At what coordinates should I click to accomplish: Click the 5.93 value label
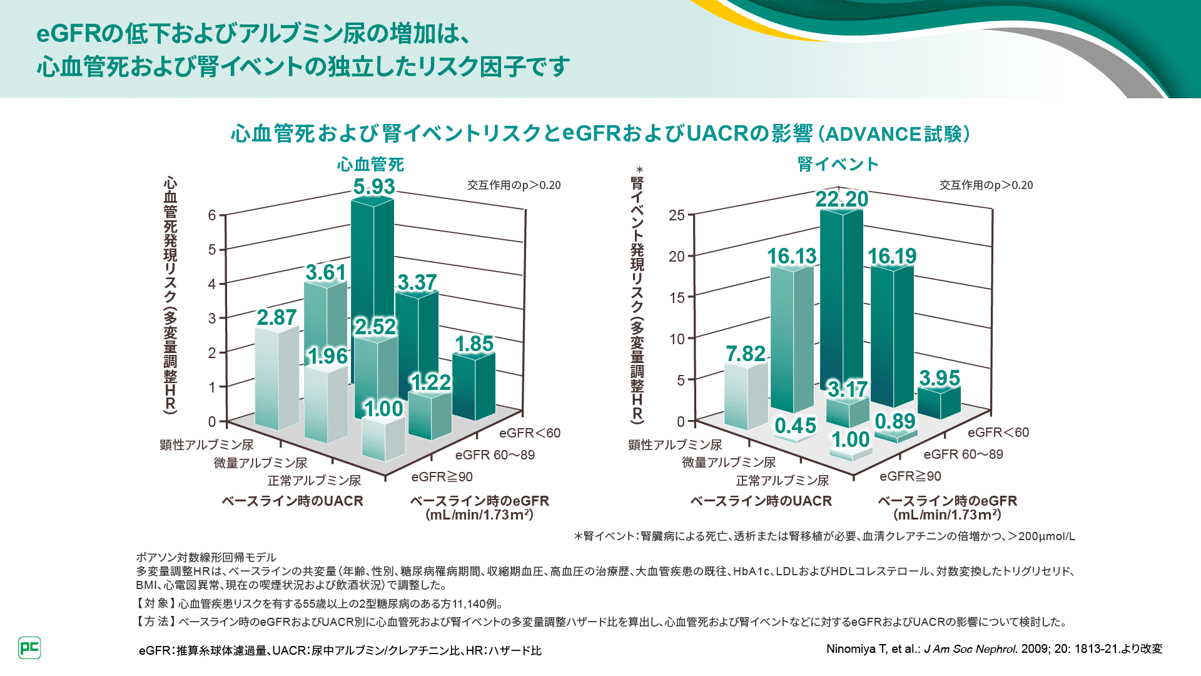point(374,187)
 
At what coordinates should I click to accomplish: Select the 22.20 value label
point(841,199)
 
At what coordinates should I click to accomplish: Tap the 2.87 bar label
point(276,317)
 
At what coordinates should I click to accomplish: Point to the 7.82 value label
point(745,354)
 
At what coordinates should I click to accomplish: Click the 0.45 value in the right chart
point(795,426)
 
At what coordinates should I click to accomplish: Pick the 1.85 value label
point(474,344)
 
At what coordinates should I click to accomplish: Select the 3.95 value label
point(939,378)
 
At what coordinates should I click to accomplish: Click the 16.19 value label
point(892,256)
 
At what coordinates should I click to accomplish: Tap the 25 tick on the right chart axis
point(677,215)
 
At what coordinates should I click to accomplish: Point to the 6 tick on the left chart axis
point(212,215)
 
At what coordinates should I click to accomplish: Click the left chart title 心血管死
point(370,165)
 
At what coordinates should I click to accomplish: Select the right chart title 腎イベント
point(838,165)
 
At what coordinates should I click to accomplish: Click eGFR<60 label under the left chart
point(530,433)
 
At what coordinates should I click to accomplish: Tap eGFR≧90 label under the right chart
point(910,476)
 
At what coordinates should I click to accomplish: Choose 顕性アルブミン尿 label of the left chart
point(206,445)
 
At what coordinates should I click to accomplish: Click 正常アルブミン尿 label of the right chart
point(783,481)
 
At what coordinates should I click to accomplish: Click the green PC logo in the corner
point(29,648)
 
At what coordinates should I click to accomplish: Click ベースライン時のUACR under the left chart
point(292,501)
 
